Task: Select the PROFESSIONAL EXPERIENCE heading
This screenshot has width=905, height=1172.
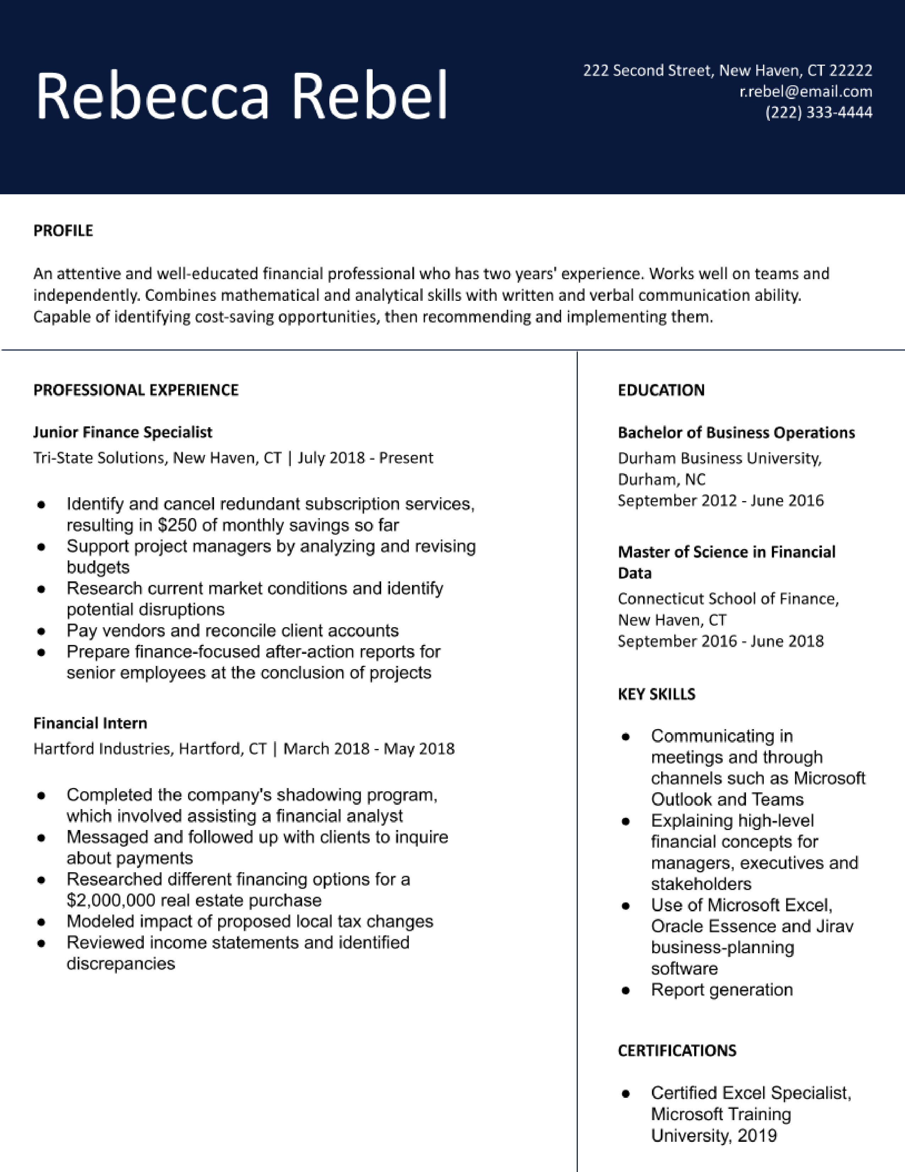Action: [x=136, y=390]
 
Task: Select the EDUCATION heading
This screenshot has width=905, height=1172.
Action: [x=661, y=390]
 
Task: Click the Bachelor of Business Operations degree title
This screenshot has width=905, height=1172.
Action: [x=736, y=433]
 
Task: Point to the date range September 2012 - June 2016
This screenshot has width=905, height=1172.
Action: [x=720, y=501]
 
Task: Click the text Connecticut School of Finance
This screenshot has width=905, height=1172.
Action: [x=728, y=598]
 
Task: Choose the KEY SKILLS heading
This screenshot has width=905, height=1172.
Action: [x=656, y=694]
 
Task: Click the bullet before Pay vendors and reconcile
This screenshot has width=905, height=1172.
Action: [x=41, y=631]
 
